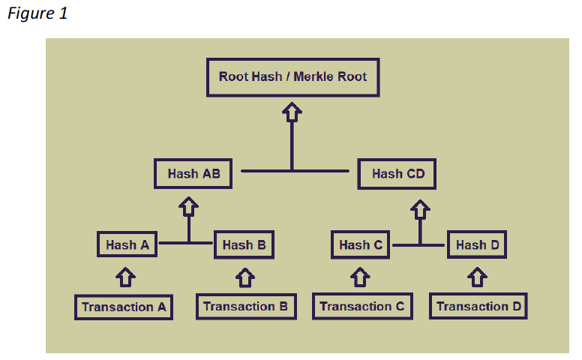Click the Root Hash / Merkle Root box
tap(292, 77)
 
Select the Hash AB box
tap(193, 174)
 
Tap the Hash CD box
tap(397, 174)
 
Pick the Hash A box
tap(127, 244)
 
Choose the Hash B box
tap(244, 244)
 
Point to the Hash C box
tap(360, 244)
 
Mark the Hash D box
tap(477, 244)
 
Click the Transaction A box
tap(124, 307)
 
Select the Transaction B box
tap(245, 306)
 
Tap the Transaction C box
tap(361, 306)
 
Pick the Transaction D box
tap(478, 306)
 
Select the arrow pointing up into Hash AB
tap(189, 205)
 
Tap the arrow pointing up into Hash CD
tap(421, 205)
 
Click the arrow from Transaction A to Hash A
tap(127, 277)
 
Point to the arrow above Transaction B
tap(244, 277)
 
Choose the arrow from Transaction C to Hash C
tap(361, 277)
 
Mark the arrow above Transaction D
tap(477, 277)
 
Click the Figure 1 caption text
tap(37, 13)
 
